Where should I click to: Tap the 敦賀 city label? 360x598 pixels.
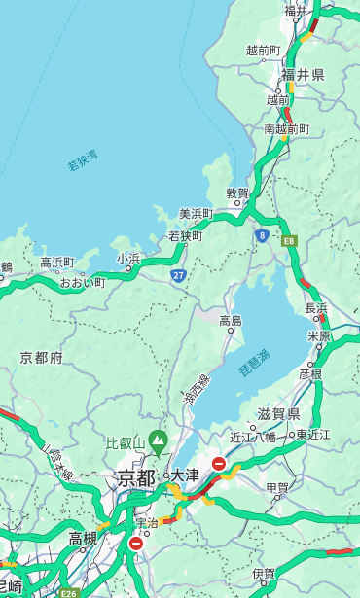237,193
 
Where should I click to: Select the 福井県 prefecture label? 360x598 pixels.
303,75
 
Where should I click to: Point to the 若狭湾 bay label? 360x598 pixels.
83,160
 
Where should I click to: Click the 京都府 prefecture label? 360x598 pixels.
41,358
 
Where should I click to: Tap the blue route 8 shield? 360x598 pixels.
262,235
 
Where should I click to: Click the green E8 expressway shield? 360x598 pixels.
289,240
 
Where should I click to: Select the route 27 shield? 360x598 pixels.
179,276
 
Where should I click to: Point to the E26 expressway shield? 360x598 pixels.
67,592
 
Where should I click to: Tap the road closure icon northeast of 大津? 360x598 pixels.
219,465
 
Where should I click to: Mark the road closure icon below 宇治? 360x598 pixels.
135,545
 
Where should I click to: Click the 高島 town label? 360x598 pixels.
231,320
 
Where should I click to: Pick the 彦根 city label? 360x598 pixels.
310,373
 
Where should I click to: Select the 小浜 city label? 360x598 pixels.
128,258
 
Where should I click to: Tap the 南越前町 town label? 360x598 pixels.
286,128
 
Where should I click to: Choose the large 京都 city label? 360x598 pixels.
135,477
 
